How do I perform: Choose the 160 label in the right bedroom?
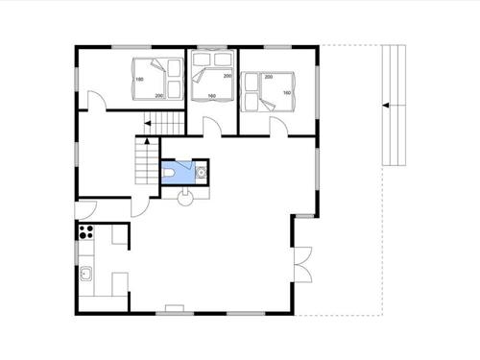click(287, 93)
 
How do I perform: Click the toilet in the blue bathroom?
click(172, 171)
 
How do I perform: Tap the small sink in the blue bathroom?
click(201, 173)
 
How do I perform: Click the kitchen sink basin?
click(85, 276)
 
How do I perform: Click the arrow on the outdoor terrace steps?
click(385, 105)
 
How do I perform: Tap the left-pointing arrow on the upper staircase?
click(148, 123)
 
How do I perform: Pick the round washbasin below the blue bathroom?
click(185, 191)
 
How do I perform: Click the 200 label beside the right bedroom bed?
click(269, 76)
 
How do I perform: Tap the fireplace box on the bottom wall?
click(175, 310)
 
